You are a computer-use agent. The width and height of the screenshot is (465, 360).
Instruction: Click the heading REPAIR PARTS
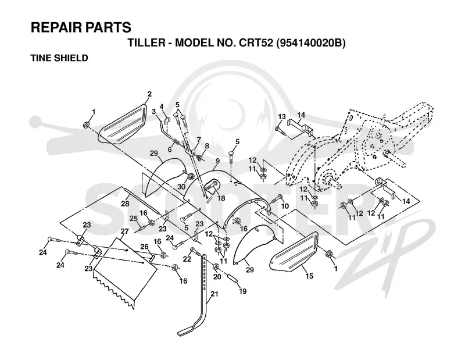[81, 27]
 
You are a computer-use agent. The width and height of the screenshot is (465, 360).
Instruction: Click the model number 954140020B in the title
[310, 44]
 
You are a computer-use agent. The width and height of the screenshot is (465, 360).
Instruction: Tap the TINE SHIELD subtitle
[59, 58]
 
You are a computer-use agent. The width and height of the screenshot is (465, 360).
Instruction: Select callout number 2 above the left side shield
[149, 94]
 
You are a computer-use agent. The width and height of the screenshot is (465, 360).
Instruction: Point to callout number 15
[309, 276]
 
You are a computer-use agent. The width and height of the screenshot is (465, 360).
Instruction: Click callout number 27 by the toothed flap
[125, 231]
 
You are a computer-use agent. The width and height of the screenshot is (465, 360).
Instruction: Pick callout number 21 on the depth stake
[214, 294]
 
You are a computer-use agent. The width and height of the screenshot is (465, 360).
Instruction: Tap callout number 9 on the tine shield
[217, 161]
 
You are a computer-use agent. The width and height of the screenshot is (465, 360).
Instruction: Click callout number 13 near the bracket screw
[281, 117]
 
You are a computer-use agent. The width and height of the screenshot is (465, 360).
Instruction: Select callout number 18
[221, 198]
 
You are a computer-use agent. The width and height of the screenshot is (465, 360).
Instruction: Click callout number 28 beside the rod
[125, 204]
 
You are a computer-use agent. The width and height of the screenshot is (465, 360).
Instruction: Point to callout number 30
[181, 186]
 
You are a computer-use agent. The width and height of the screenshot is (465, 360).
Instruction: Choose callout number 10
[285, 206]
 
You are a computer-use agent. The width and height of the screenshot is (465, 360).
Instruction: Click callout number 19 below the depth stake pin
[242, 291]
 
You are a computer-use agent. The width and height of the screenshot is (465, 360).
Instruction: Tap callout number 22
[187, 259]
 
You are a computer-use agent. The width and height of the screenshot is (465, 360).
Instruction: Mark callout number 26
[144, 247]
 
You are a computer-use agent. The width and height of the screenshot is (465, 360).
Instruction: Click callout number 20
[217, 276]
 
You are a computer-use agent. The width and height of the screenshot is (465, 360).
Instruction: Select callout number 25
[134, 219]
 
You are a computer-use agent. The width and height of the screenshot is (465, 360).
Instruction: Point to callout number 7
[199, 139]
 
